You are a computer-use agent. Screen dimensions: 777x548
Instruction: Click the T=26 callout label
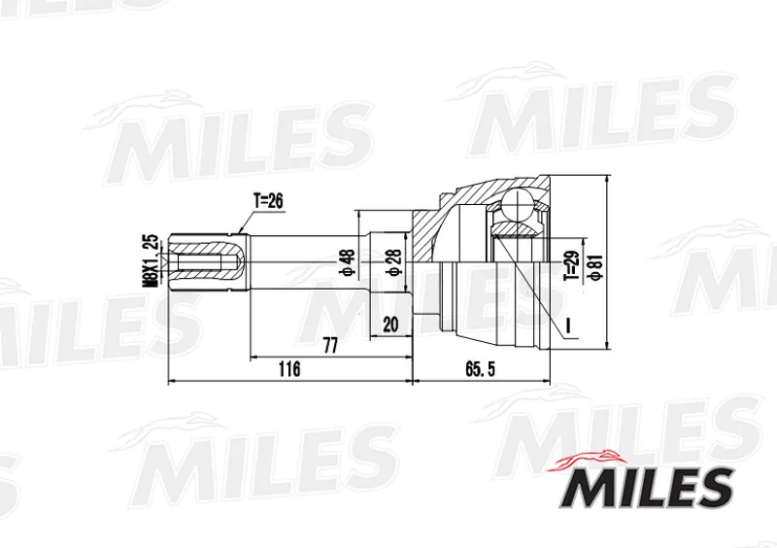(x=268, y=201)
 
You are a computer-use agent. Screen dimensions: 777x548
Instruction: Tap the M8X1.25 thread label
(x=151, y=259)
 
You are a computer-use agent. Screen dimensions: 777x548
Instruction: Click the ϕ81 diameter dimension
(x=596, y=268)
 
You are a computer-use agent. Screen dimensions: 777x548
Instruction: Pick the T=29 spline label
(x=571, y=266)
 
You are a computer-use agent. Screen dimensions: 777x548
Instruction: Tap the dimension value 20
(x=390, y=325)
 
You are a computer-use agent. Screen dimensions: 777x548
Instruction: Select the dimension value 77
(x=330, y=346)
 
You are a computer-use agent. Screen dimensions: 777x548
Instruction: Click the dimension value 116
(x=289, y=368)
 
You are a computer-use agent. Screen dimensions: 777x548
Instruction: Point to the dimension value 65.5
(x=480, y=368)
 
